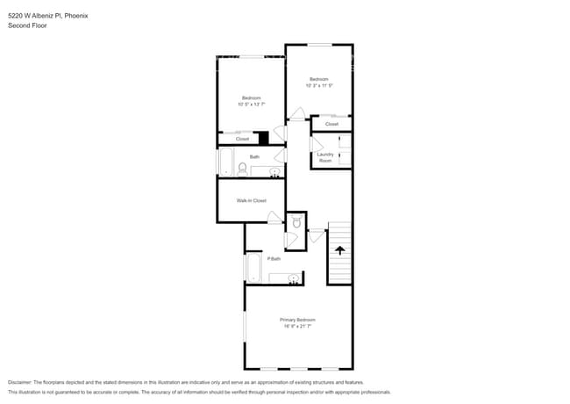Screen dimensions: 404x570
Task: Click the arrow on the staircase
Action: point(339,250)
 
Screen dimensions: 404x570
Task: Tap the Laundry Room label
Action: point(324,157)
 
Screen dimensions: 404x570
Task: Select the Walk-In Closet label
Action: point(251,200)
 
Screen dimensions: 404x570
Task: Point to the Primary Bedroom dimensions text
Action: point(297,326)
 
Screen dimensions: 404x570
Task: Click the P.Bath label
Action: point(274,258)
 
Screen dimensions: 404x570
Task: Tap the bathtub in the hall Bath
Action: point(225,162)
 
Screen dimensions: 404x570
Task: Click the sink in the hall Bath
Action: point(274,171)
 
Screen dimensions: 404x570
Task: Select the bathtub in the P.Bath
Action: point(253,268)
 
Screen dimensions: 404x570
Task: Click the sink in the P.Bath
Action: point(294,278)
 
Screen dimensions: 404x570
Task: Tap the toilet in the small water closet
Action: point(296,224)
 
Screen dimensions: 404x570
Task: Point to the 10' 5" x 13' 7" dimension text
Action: point(251,104)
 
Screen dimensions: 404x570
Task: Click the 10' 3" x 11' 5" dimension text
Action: point(318,86)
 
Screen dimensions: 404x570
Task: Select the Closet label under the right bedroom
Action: point(331,124)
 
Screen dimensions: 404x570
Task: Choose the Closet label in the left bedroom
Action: point(242,139)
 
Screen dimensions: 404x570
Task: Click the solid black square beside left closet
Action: point(263,137)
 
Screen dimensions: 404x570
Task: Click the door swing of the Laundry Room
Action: point(317,146)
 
